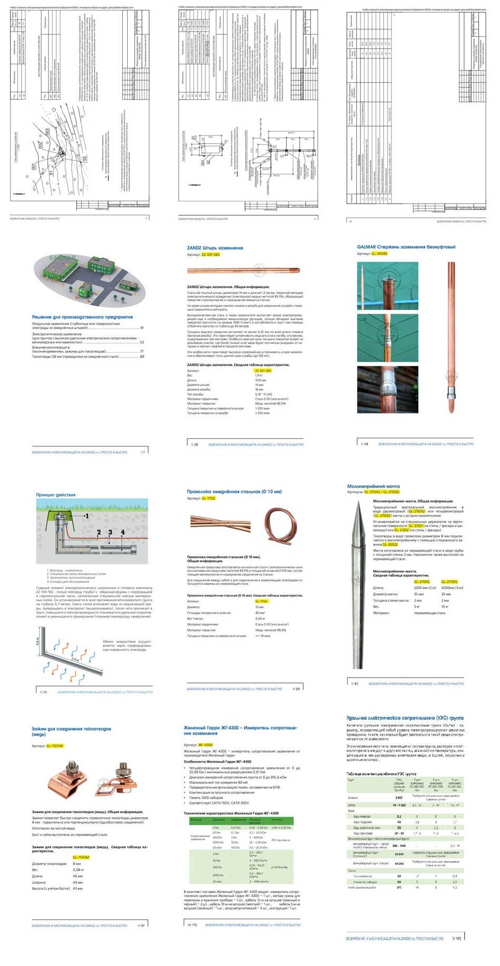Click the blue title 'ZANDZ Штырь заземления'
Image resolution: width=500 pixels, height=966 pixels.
tap(215, 248)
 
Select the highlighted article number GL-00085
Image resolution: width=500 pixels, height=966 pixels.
tap(379, 254)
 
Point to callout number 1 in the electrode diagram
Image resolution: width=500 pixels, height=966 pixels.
tap(87, 516)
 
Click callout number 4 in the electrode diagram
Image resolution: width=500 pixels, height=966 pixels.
tap(123, 533)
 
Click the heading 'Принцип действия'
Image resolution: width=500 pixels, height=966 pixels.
tap(56, 495)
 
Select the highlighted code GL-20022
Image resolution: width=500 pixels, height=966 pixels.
tap(390, 544)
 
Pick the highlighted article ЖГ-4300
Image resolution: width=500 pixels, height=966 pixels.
tap(205, 745)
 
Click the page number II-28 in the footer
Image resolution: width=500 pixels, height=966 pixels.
tap(195, 445)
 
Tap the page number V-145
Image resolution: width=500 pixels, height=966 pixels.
tap(457, 938)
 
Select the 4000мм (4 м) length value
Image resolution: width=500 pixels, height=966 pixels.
tap(452, 587)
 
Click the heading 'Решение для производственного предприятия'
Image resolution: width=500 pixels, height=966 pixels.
tap(82, 317)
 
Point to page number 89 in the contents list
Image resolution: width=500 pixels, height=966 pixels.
tap(142, 356)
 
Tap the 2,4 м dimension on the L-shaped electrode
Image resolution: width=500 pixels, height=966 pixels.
tap(75, 660)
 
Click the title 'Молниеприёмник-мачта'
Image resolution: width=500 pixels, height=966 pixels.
tap(373, 486)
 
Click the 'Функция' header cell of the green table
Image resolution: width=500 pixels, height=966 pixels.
tap(197, 820)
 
